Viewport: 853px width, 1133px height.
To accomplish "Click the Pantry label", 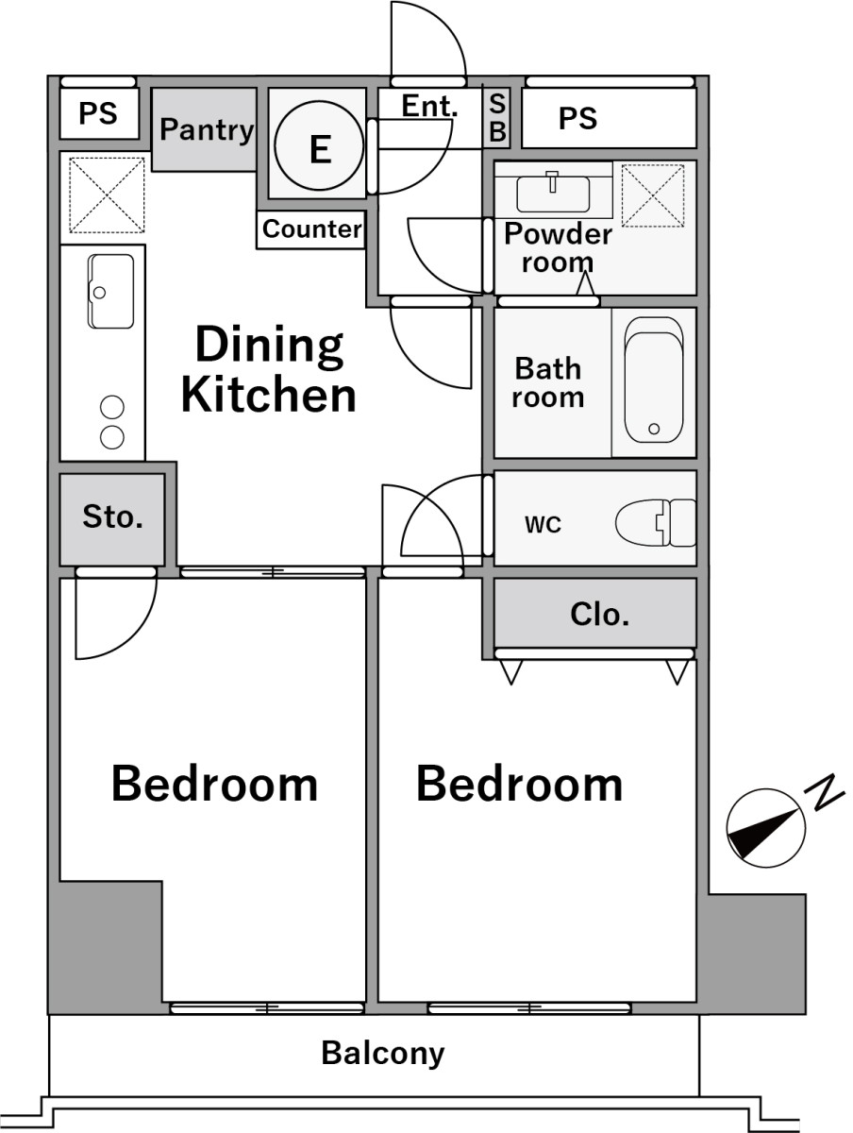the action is pyautogui.click(x=207, y=130).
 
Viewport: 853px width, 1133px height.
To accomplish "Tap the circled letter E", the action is pyautogui.click(x=320, y=146).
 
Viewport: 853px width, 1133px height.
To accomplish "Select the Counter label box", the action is pyautogui.click(x=311, y=229).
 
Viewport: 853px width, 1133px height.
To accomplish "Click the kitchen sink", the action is pyautogui.click(x=111, y=291).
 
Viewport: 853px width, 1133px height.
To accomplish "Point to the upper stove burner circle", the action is pyautogui.click(x=112, y=407).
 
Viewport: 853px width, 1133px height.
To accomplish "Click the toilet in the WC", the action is pyautogui.click(x=655, y=522).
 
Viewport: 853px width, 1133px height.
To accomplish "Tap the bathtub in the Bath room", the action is pyautogui.click(x=653, y=380).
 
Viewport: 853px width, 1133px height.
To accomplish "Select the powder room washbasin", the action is pyautogui.click(x=553, y=193).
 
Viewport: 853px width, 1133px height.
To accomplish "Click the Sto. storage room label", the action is pyautogui.click(x=112, y=516).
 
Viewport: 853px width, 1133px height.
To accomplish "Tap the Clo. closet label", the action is pyautogui.click(x=599, y=615).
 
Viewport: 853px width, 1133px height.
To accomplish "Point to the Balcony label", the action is pyautogui.click(x=383, y=1054).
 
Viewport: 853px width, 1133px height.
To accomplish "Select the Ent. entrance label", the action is pyautogui.click(x=429, y=106).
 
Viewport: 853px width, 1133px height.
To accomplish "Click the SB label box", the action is pyautogui.click(x=497, y=118).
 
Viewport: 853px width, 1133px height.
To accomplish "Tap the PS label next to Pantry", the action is pyautogui.click(x=98, y=113).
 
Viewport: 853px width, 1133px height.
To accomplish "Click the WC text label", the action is pyautogui.click(x=543, y=525).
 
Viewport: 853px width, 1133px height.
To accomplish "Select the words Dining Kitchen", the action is pyautogui.click(x=269, y=370).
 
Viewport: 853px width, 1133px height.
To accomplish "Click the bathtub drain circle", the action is pyautogui.click(x=654, y=429).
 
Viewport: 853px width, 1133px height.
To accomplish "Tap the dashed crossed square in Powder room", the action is pyautogui.click(x=653, y=195).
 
